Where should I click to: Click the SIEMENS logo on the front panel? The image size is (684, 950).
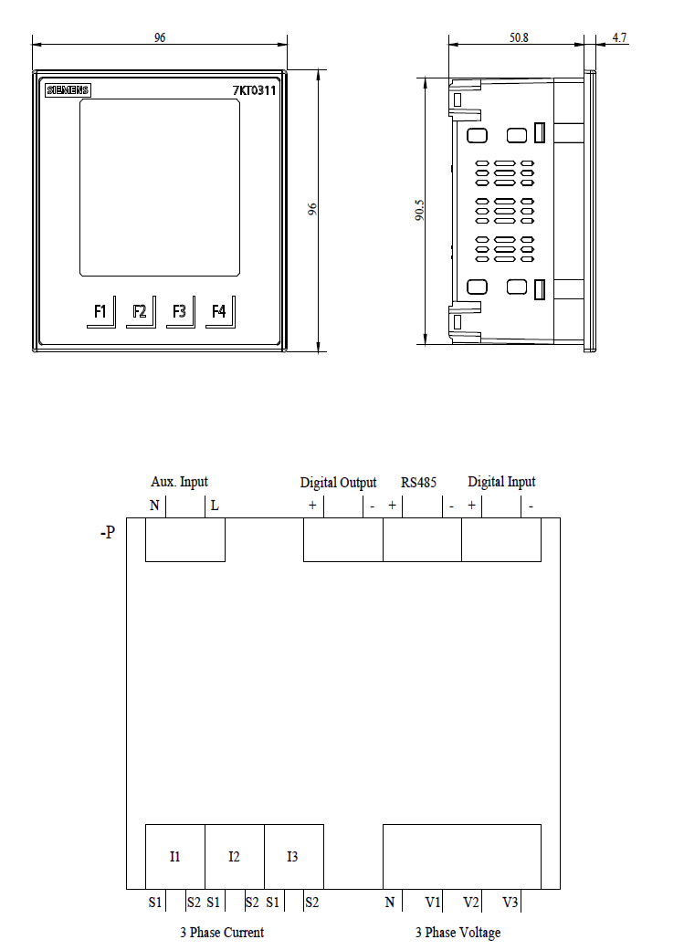(x=68, y=90)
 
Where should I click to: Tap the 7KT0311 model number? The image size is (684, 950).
(x=254, y=90)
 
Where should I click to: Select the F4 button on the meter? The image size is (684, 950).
(x=220, y=311)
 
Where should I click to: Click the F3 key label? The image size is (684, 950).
(x=179, y=311)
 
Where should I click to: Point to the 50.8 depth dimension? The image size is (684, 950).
(x=519, y=37)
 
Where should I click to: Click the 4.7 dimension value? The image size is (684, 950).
(x=619, y=37)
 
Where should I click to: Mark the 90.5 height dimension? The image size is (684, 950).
(x=419, y=210)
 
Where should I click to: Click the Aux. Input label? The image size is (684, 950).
(x=180, y=482)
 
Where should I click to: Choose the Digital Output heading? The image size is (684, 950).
(x=339, y=482)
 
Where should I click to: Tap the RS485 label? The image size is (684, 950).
(x=418, y=482)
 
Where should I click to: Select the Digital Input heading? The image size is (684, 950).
(x=501, y=482)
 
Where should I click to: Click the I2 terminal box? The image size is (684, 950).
(x=235, y=857)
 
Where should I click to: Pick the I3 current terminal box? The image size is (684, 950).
(x=294, y=857)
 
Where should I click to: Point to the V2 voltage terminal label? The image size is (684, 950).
(x=470, y=903)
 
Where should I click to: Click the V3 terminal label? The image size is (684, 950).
(x=510, y=903)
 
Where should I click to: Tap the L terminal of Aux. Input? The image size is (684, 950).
(x=215, y=506)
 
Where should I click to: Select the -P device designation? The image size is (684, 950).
(x=108, y=533)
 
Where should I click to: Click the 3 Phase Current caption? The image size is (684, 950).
(x=222, y=933)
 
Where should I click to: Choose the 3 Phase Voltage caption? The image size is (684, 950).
(x=458, y=933)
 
